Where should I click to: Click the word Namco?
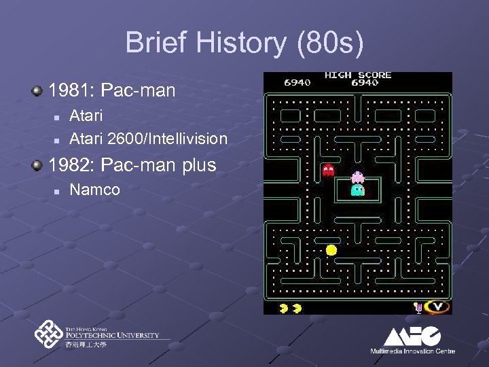pyautogui.click(x=94, y=190)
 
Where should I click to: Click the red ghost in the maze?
pyautogui.click(x=329, y=170)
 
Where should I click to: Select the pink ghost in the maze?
pyautogui.click(x=357, y=177)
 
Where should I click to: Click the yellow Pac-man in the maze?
pyautogui.click(x=331, y=250)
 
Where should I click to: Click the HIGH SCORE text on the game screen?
pyautogui.click(x=358, y=75)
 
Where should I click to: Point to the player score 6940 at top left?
pyautogui.click(x=297, y=82)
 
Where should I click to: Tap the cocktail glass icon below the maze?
pyautogui.click(x=419, y=308)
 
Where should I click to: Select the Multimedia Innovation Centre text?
pyautogui.click(x=412, y=351)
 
